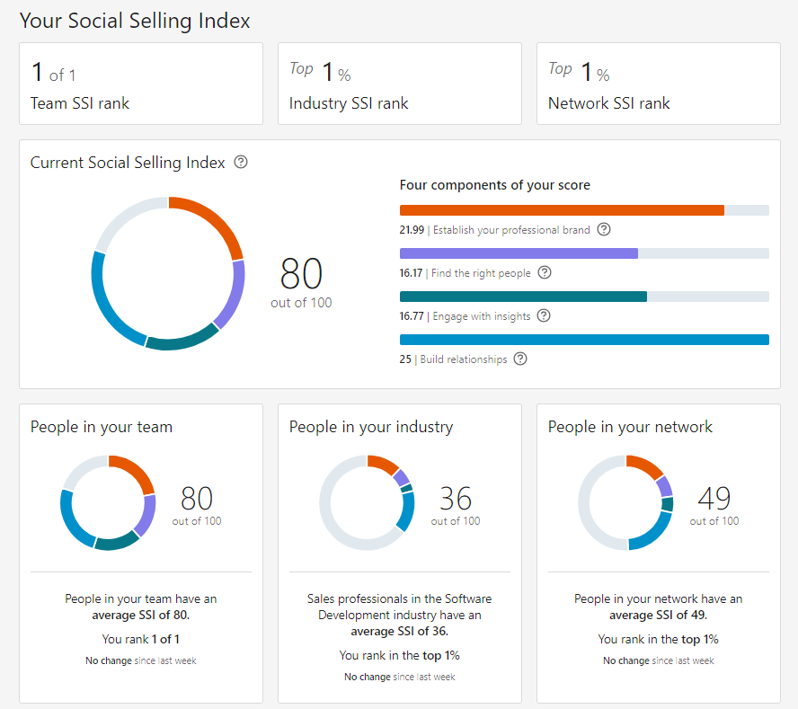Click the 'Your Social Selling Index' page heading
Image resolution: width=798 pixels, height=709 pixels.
coord(135,21)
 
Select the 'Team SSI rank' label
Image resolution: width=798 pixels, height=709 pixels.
coord(80,103)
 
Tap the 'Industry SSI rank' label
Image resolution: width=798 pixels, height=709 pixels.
coord(349,103)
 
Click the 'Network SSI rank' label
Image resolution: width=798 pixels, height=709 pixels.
coord(609,103)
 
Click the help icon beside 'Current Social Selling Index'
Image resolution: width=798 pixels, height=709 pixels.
coord(240,163)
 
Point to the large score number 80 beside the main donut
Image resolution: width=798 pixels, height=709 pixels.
coord(301,273)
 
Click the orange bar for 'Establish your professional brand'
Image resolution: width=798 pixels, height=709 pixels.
coord(562,210)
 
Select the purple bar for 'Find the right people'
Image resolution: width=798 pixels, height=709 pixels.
coord(519,253)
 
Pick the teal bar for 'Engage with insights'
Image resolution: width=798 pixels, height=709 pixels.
coord(523,297)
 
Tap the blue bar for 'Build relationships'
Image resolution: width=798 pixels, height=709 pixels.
coord(584,340)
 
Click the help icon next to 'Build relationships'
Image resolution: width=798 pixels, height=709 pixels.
coord(520,359)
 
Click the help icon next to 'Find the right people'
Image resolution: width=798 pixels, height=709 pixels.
coord(544,272)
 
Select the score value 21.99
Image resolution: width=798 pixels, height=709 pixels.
coord(412,230)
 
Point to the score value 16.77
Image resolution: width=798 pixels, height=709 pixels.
coord(412,316)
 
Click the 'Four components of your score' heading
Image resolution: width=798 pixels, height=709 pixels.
coord(494,185)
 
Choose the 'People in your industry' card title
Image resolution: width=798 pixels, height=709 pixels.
coord(371,427)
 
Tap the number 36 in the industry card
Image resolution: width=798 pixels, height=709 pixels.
coord(456,498)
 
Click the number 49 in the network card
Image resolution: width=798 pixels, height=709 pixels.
coord(714,498)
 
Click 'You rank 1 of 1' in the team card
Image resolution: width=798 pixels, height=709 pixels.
coord(140,640)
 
